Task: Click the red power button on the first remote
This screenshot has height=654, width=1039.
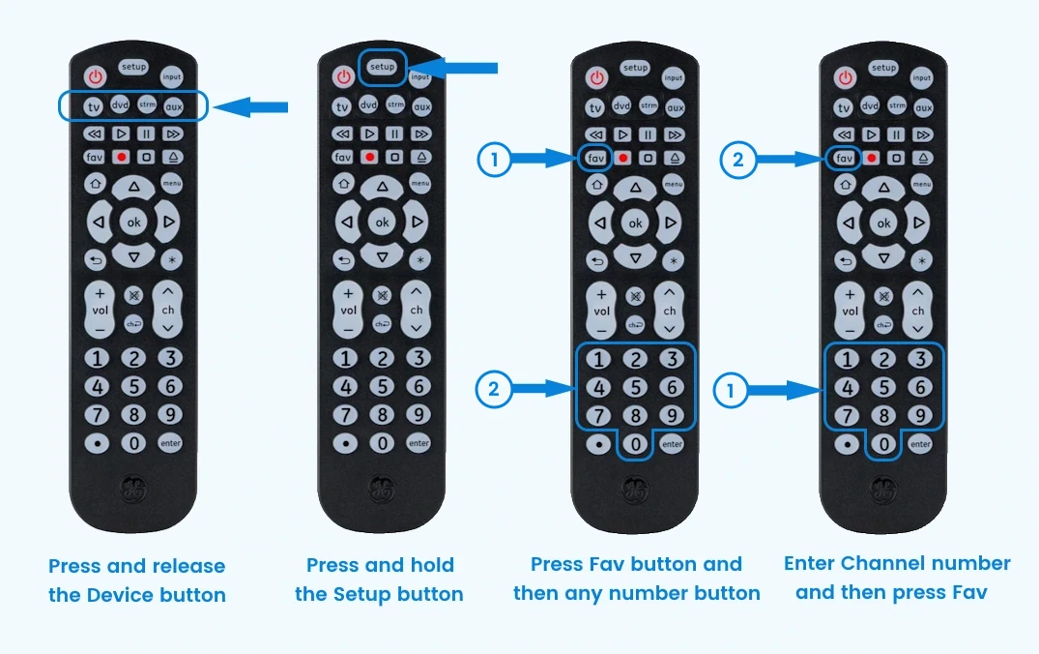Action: tap(96, 76)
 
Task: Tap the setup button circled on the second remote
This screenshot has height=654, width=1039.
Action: tap(383, 67)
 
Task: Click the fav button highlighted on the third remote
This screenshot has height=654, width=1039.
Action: tap(595, 158)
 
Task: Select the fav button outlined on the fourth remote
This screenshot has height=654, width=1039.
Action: tap(844, 158)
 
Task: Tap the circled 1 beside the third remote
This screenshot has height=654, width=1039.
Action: tap(494, 160)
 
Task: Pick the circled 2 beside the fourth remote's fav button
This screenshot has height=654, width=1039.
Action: tap(738, 160)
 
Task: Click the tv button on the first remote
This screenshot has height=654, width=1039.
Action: tap(94, 106)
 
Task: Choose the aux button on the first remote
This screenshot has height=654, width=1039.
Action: tap(174, 106)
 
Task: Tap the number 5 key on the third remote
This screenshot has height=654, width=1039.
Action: tap(635, 387)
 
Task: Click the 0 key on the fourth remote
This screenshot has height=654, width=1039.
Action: tap(884, 444)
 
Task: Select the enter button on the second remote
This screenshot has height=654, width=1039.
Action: tap(418, 443)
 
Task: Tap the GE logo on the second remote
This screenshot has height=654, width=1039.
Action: tap(383, 490)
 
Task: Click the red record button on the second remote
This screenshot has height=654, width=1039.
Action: tap(370, 157)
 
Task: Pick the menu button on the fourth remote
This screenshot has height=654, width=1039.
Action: tap(922, 185)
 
